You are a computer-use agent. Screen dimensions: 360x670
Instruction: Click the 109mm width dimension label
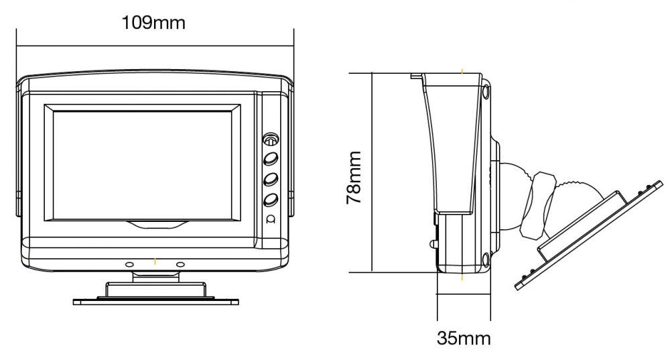[x=153, y=22]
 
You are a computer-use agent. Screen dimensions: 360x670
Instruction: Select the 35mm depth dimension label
[x=464, y=337]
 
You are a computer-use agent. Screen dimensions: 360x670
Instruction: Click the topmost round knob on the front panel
[x=271, y=141]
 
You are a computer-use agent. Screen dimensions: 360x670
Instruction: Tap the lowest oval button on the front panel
[x=271, y=199]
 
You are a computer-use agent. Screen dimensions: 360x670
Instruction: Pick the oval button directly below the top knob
[x=271, y=159]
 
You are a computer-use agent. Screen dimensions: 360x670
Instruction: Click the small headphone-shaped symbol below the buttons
[x=271, y=219]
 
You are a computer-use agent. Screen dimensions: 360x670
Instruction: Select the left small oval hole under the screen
[x=129, y=265]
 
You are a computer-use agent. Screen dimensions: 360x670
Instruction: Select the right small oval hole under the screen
[x=180, y=265]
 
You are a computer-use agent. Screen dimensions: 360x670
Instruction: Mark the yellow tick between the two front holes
[x=155, y=261]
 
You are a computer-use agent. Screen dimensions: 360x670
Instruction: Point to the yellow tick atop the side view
[x=462, y=70]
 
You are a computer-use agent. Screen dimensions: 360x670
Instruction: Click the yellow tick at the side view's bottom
[x=462, y=276]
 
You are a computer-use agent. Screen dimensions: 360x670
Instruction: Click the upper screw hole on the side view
[x=485, y=91]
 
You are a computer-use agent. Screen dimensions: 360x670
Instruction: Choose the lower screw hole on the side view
[x=485, y=258]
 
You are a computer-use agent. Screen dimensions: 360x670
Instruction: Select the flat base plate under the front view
[x=155, y=302]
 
